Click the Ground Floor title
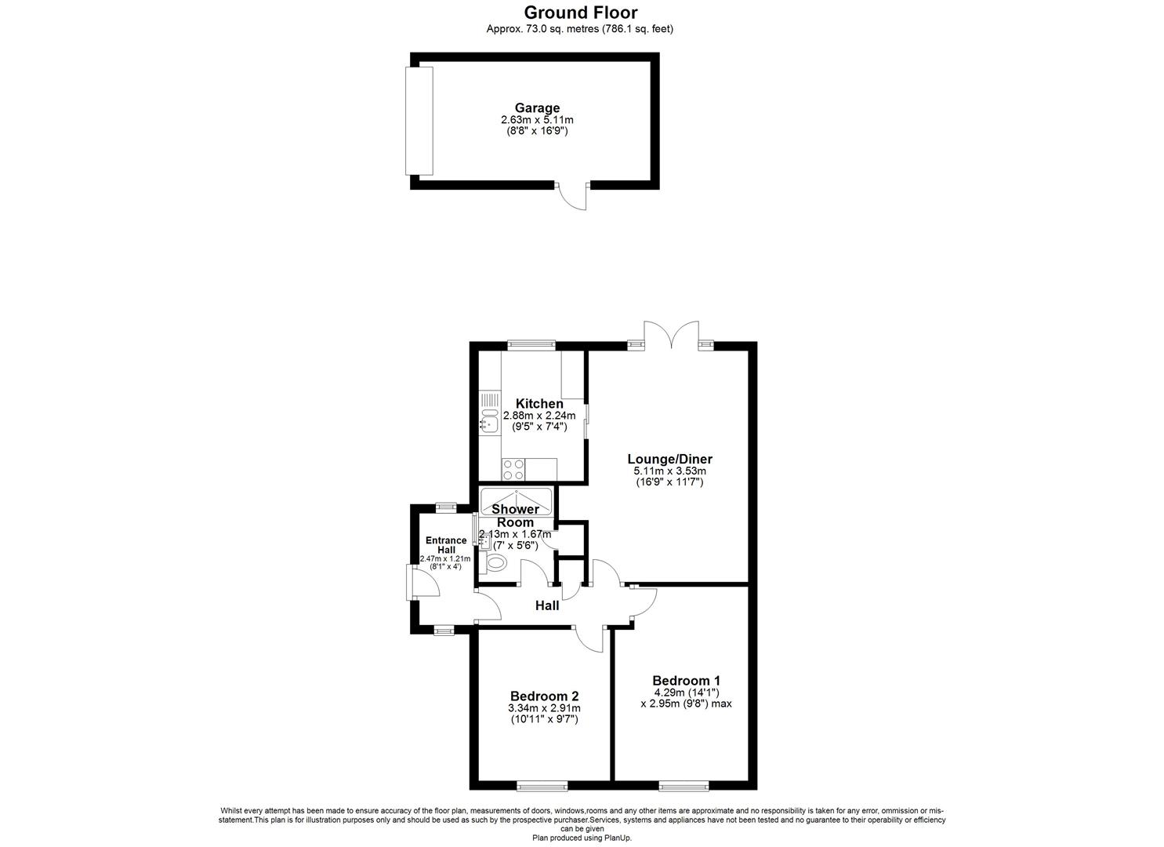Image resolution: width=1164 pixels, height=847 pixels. (x=580, y=13)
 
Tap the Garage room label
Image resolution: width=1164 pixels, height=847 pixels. (x=537, y=108)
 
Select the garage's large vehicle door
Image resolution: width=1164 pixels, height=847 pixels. (x=419, y=121)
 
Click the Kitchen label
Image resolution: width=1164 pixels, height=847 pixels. (x=538, y=404)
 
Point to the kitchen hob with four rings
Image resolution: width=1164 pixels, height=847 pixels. (x=513, y=469)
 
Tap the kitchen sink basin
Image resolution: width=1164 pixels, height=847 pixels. (x=489, y=424)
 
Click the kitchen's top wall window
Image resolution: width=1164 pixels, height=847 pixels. (x=531, y=344)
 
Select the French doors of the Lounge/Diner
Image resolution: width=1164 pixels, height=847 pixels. (x=670, y=335)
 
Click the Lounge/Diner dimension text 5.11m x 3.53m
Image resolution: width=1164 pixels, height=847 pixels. (x=669, y=471)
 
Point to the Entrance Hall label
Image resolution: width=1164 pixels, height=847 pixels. (x=445, y=545)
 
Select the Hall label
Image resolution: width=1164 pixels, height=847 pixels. (x=547, y=605)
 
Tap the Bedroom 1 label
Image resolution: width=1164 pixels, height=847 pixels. (x=686, y=681)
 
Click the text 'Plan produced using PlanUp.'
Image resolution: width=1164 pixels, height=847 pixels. (x=582, y=838)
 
